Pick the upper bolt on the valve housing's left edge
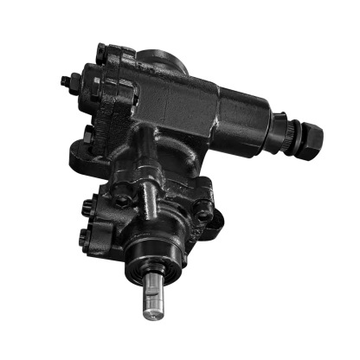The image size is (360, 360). pos(86,208)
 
